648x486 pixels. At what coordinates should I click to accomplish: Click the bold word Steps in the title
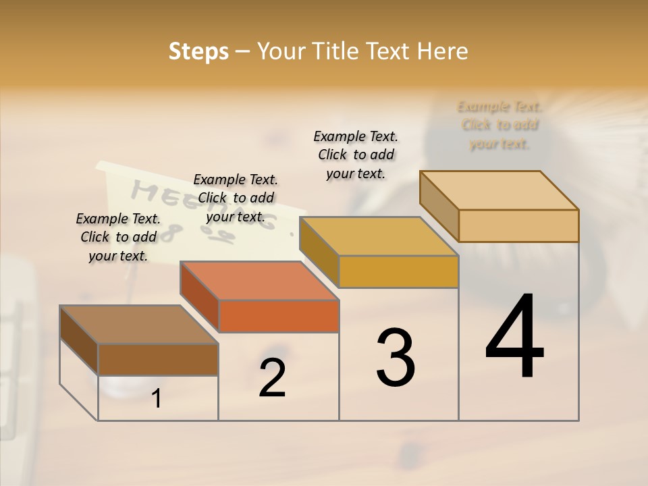198,51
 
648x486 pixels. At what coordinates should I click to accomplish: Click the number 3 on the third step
396,358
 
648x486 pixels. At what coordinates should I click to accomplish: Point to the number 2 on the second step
272,379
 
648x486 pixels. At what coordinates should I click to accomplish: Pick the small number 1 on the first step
157,399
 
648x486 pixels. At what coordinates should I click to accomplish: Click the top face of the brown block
139,325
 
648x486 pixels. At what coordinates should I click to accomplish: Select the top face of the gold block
379,236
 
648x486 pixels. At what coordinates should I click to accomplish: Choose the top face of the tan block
499,190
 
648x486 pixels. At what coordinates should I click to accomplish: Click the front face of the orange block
279,316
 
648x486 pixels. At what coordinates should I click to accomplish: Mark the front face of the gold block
398,271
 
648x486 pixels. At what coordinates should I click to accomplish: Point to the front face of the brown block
158,359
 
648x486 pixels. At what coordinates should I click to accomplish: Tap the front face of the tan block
518,225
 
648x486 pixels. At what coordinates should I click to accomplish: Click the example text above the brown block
118,237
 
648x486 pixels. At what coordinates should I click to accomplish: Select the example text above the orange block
236,198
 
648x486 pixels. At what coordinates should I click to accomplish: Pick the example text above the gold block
356,155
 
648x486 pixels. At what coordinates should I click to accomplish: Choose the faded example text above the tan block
500,125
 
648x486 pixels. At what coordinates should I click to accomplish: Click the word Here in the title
443,51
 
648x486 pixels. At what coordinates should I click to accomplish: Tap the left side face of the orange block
200,297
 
